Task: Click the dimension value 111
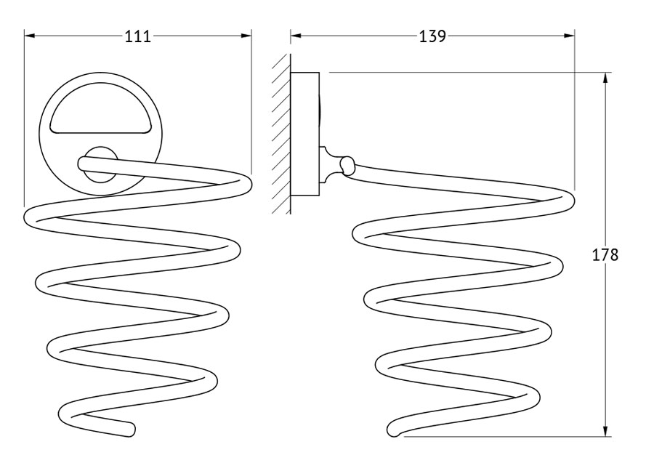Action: (138, 36)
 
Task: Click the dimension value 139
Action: (432, 36)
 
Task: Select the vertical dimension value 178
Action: (605, 254)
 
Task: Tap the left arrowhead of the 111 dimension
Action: (29, 36)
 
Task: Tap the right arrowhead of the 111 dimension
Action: (246, 36)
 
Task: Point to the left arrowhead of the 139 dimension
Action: (296, 36)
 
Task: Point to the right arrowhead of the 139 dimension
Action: (569, 36)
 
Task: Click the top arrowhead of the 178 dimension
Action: (605, 78)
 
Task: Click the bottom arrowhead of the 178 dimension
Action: (605, 431)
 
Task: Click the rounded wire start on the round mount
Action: (82, 164)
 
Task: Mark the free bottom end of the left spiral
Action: (130, 430)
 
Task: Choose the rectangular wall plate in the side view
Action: (305, 134)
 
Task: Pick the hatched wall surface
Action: (280, 134)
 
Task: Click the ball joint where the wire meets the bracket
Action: (347, 164)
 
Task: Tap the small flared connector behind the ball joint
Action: (330, 165)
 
